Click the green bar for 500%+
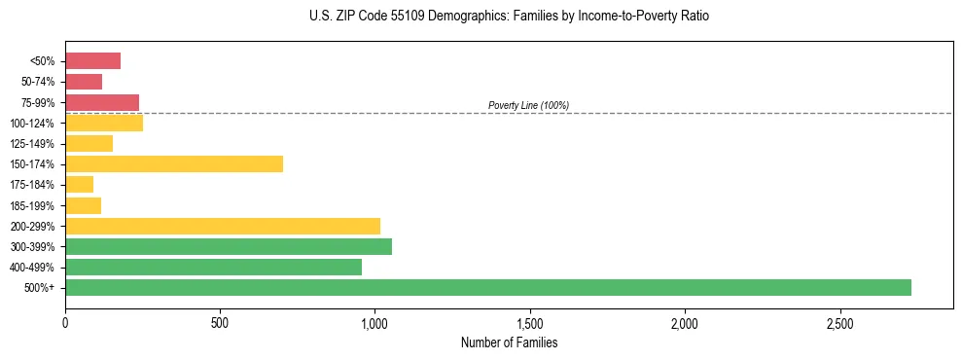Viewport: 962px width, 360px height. pyautogui.click(x=487, y=287)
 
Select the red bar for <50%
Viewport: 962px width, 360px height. pyautogui.click(x=92, y=61)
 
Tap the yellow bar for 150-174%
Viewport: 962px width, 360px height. pyautogui.click(x=174, y=163)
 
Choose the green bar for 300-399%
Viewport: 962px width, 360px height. pyautogui.click(x=229, y=246)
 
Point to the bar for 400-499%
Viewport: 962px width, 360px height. pyautogui.click(x=213, y=267)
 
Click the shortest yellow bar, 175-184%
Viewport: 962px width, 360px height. pyautogui.click(x=79, y=185)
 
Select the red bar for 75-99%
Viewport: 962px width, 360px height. pyautogui.click(x=102, y=102)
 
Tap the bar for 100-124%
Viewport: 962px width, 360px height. pyautogui.click(x=104, y=123)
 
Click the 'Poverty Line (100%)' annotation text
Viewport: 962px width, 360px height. pyautogui.click(x=528, y=105)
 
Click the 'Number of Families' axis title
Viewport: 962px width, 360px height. pyautogui.click(x=509, y=342)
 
